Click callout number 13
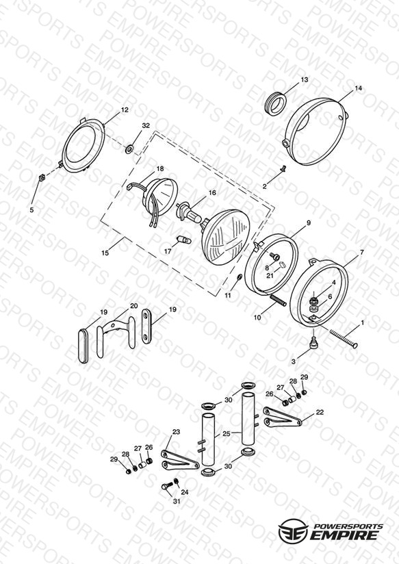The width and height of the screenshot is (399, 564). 305,79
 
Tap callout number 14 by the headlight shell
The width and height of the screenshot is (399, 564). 359,88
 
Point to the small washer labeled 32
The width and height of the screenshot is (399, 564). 129,148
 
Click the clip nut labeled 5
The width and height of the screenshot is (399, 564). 41,178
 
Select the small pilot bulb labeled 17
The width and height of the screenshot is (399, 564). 183,239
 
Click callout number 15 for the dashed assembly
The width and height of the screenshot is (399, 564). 105,253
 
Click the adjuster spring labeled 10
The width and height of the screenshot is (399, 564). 277,300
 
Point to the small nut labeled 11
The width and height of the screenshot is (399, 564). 240,277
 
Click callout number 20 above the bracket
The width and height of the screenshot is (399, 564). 134,306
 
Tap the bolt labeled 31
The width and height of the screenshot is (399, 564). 166,486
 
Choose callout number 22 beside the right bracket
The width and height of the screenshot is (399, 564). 320,412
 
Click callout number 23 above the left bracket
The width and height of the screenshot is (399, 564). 176,432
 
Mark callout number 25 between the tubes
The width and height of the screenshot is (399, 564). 226,434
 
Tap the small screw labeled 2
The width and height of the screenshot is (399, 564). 283,168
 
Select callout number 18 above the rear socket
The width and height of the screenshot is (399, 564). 159,168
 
